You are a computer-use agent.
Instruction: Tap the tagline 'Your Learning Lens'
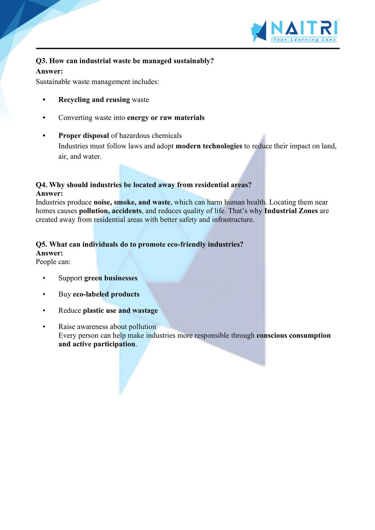click(304, 40)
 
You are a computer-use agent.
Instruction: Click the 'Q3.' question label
click(41, 61)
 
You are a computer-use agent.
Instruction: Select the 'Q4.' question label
click(41, 185)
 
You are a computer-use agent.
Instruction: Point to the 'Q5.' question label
click(41, 245)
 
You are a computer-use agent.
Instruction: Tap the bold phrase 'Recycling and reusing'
click(94, 100)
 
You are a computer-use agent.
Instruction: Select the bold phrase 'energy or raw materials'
click(166, 118)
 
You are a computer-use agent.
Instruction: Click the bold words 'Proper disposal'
click(83, 136)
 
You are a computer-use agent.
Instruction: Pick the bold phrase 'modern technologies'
click(209, 146)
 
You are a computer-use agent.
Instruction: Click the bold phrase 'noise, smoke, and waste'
click(132, 202)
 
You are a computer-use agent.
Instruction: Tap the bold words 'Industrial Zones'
click(291, 211)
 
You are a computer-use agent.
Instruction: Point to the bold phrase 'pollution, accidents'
click(110, 211)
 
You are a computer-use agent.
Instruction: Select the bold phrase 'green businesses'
click(111, 278)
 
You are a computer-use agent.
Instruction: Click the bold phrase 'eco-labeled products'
click(106, 294)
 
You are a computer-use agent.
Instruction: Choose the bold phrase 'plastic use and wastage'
click(120, 311)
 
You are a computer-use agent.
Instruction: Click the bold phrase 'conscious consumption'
click(293, 336)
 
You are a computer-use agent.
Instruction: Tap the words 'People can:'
click(53, 262)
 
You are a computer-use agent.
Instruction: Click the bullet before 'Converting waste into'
click(44, 118)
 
